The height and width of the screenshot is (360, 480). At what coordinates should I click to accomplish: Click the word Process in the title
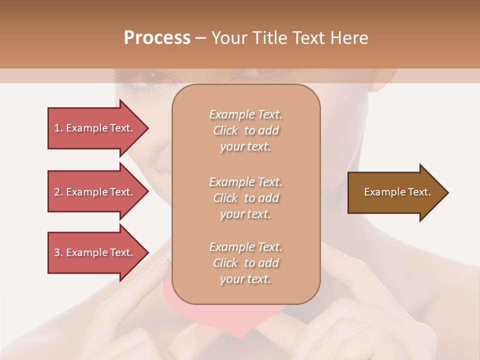157,38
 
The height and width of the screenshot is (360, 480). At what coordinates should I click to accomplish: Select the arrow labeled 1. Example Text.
95,128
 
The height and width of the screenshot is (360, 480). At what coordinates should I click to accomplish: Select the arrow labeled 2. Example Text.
95,192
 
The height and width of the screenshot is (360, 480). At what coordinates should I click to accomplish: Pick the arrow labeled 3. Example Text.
95,252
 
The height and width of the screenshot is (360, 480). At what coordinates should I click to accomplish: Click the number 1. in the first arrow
58,128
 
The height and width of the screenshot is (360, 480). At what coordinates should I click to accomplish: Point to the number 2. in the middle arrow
58,192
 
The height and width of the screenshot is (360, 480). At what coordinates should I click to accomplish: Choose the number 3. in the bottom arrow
58,252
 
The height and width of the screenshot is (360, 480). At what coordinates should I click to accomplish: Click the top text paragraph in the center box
245,130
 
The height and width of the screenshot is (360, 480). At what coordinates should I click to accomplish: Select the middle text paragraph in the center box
245,198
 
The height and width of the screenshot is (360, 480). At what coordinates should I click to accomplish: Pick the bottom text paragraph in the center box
245,263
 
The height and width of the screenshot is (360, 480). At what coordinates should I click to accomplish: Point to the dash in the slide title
201,38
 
